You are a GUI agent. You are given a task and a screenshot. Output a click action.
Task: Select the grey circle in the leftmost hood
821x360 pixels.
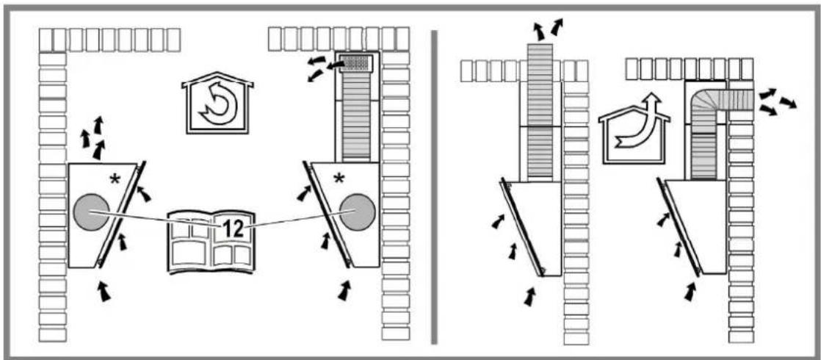(x=92, y=212)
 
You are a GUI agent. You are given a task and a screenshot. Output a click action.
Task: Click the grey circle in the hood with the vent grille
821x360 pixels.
(x=357, y=212)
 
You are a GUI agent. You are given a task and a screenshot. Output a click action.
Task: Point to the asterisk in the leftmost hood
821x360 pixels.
(x=115, y=180)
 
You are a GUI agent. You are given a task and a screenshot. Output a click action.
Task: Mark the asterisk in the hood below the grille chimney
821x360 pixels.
(x=339, y=179)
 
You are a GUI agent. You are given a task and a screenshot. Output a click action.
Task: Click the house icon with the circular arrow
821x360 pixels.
(x=217, y=104)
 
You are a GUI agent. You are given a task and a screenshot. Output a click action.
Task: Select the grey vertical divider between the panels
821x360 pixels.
(x=433, y=187)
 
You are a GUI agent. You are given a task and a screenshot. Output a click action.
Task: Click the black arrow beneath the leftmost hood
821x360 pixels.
(x=105, y=290)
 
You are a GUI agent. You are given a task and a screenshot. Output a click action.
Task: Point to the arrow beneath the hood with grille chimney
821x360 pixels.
(x=344, y=290)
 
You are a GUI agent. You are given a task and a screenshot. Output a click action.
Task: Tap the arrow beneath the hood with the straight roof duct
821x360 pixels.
(x=530, y=296)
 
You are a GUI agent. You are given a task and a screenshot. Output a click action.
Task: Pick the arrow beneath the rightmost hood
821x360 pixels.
(x=690, y=292)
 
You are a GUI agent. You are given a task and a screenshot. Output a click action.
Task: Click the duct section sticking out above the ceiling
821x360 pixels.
(x=540, y=52)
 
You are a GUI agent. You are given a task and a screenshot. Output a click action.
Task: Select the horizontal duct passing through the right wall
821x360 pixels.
(x=733, y=99)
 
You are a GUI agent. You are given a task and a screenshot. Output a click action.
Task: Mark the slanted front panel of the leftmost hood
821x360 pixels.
(x=121, y=214)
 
